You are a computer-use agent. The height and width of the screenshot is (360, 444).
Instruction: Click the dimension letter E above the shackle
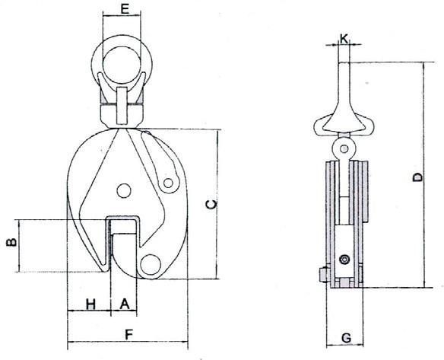pyautogui.click(x=125, y=9)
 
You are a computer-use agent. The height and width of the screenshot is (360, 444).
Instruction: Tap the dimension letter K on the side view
pyautogui.click(x=344, y=39)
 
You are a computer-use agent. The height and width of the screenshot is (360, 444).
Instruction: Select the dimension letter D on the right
pyautogui.click(x=417, y=177)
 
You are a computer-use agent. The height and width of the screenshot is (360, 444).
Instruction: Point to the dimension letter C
pyautogui.click(x=211, y=204)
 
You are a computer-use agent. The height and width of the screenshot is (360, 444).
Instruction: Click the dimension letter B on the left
pyautogui.click(x=12, y=242)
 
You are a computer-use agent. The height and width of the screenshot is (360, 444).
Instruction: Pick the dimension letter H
pyautogui.click(x=90, y=304)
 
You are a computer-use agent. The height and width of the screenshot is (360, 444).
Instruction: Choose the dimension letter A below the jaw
pyautogui.click(x=125, y=304)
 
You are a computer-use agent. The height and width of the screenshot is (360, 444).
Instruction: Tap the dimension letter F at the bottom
pyautogui.click(x=128, y=335)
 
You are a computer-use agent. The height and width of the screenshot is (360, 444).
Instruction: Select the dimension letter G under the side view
pyautogui.click(x=346, y=338)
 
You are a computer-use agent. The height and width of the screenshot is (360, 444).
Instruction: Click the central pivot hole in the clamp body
pyautogui.click(x=123, y=190)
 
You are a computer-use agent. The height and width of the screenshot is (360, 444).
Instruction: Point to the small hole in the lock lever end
pyautogui.click(x=168, y=183)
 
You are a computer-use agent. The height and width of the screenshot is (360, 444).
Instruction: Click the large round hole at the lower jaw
pyautogui.click(x=151, y=264)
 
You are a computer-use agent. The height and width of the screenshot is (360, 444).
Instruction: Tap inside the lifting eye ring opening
pyautogui.click(x=122, y=65)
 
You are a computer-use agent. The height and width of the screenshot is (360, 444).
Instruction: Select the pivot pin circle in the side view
pyautogui.click(x=344, y=148)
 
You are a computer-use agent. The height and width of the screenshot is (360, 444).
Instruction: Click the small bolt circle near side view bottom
pyautogui.click(x=344, y=260)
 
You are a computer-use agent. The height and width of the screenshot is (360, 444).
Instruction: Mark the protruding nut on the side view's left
pyautogui.click(x=322, y=275)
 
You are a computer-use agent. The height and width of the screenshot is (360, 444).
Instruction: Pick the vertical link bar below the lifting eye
pyautogui.click(x=122, y=106)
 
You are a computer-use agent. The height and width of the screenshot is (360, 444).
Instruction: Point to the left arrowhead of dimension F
pyautogui.click(x=70, y=342)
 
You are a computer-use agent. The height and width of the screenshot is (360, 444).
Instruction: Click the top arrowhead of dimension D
pyautogui.click(x=424, y=65)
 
